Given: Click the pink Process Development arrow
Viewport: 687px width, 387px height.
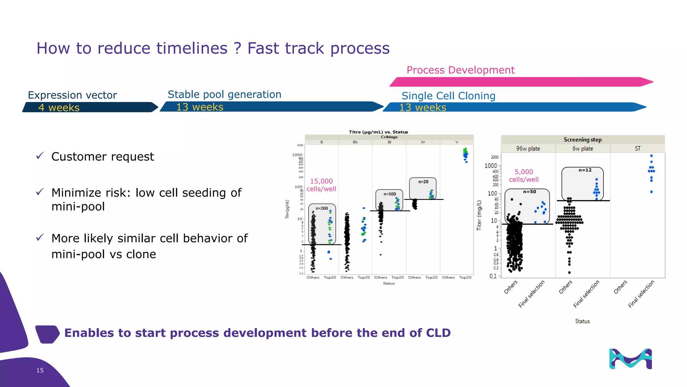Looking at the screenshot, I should coord(520,82).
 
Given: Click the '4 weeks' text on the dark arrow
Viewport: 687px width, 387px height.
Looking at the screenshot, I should coord(59,107).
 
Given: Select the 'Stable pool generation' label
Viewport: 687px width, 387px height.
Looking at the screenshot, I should coord(224,94).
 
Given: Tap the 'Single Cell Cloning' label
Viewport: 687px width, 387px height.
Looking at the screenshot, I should coord(448,96).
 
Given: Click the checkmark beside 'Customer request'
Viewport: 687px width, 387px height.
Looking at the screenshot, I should coord(40,156).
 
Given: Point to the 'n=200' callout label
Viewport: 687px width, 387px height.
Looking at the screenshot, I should coord(322,208).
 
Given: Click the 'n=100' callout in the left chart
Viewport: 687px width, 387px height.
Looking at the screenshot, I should coord(389,194).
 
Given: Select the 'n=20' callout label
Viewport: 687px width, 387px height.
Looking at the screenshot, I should coord(423,182).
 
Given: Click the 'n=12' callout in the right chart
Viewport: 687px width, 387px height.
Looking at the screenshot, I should coord(585,170).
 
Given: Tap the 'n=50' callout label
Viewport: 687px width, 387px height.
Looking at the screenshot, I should coord(529,192).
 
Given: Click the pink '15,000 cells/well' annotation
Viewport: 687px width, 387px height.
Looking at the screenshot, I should coord(321,185).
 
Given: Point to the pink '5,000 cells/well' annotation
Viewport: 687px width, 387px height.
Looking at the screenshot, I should coord(524,175).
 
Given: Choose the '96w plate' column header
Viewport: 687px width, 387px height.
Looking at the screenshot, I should coord(528,148).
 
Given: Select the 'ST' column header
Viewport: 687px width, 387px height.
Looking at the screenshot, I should coord(637,148).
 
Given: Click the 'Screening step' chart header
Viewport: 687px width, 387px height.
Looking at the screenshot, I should coord(582,139).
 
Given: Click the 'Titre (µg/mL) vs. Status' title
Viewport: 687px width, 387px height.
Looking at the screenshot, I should coord(378,132).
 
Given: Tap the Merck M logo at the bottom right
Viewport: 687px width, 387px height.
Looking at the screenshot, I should coord(630,359).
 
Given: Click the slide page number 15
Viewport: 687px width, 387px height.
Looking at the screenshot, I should coord(40,370).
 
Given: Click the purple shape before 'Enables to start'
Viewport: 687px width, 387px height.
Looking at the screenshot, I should coord(47,334).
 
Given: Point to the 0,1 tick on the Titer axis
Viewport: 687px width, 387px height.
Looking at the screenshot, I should coord(493,276).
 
